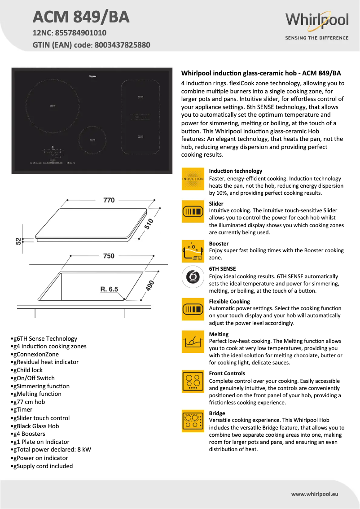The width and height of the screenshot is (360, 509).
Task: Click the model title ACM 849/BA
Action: pyautogui.click(x=81, y=17)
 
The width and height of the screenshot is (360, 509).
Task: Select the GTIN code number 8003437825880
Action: pyautogui.click(x=122, y=45)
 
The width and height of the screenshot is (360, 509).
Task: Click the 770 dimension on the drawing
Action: pyautogui.click(x=109, y=200)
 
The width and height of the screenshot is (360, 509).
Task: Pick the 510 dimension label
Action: pyautogui.click(x=149, y=224)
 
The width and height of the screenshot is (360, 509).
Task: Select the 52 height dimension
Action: pyautogui.click(x=18, y=241)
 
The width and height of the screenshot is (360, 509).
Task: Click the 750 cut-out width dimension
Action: pyautogui.click(x=109, y=256)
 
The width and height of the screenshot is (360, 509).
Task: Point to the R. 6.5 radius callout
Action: pyautogui.click(x=109, y=290)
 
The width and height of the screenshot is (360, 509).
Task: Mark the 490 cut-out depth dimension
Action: pyautogui.click(x=150, y=286)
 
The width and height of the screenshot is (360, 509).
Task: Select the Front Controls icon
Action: pyautogui.click(x=193, y=382)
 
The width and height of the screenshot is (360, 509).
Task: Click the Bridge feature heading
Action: pyautogui.click(x=217, y=413)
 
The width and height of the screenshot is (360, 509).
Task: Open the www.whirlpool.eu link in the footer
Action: pyautogui.click(x=314, y=494)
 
